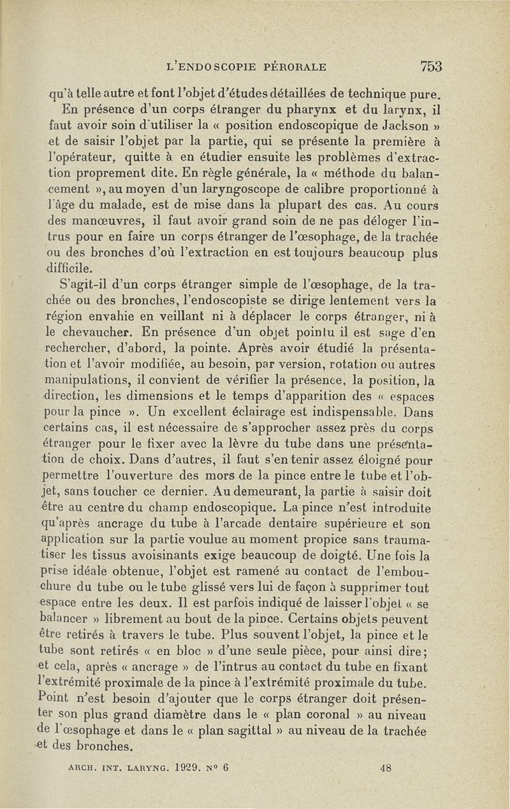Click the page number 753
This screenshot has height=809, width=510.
point(431,66)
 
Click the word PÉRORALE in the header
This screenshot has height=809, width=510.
point(296,66)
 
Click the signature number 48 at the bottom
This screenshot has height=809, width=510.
point(384,768)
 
